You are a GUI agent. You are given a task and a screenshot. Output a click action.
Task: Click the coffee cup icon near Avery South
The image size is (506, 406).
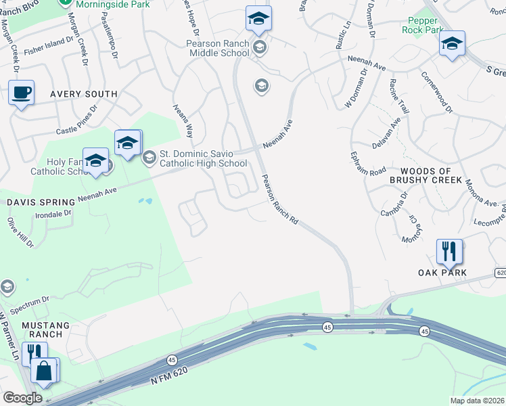point(22,93)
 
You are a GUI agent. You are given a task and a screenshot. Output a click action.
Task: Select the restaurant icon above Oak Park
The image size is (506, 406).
point(449,252)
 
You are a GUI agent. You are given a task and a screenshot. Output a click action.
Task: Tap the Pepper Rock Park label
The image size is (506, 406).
point(421,26)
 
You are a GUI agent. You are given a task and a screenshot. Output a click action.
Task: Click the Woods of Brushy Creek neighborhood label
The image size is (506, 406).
point(431,175)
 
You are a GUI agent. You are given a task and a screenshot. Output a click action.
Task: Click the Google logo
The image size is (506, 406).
point(22,398)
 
